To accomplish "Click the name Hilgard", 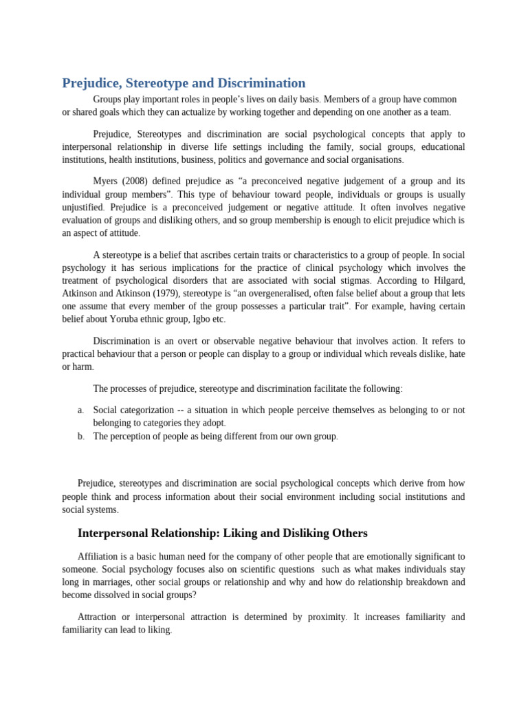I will pos(445,280).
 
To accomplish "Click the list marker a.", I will pos(80,410).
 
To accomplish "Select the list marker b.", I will pos(80,437).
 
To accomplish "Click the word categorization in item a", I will pos(147,410).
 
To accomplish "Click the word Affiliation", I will pos(98,556).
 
